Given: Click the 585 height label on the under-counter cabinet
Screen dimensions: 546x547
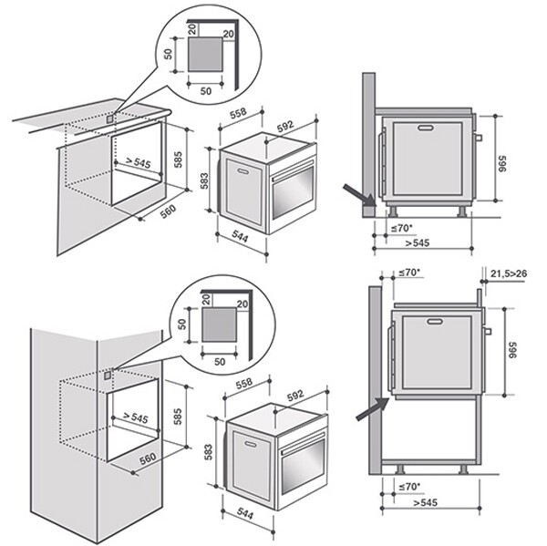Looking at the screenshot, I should click(x=179, y=164).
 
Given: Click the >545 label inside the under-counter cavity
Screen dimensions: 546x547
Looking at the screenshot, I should click(x=137, y=163).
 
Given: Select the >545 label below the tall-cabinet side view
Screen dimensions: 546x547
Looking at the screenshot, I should click(x=425, y=502).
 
